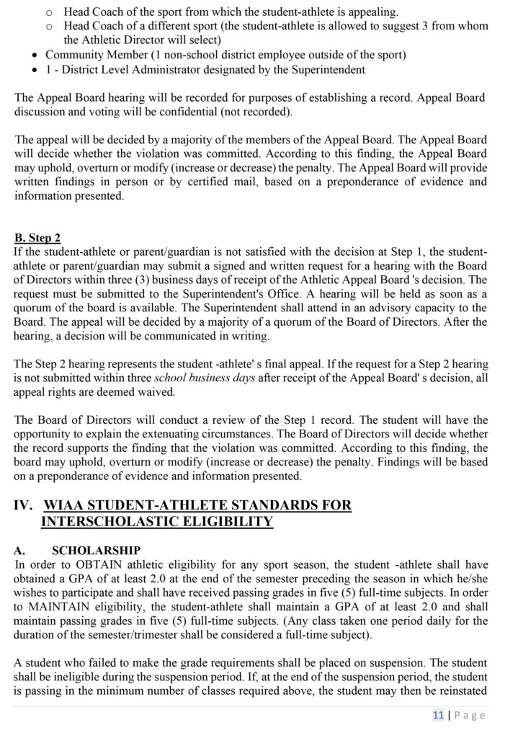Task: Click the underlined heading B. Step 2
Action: [37, 238]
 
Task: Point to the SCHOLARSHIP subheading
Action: [97, 550]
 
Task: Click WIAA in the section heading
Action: [67, 506]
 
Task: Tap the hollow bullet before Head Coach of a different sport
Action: [49, 26]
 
